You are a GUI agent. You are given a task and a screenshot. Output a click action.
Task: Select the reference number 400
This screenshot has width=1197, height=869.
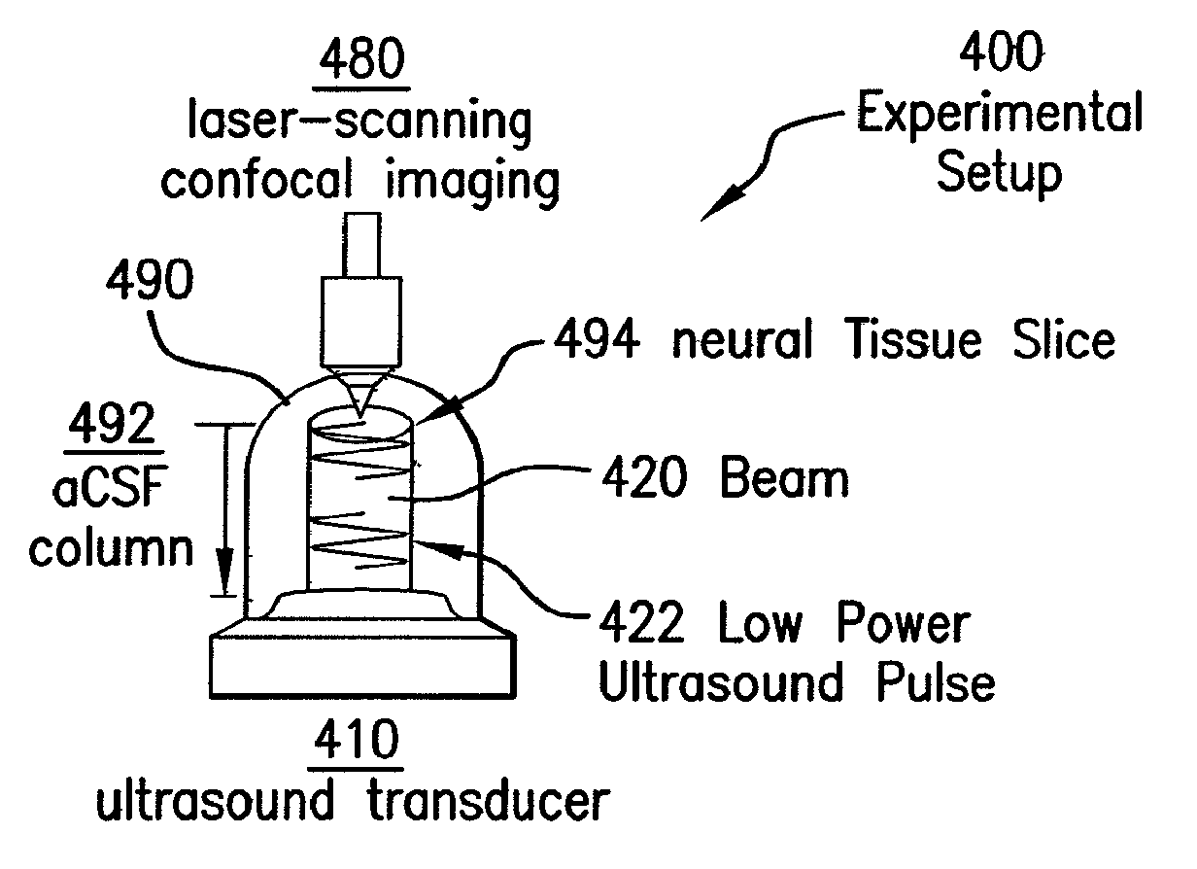(1002, 56)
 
